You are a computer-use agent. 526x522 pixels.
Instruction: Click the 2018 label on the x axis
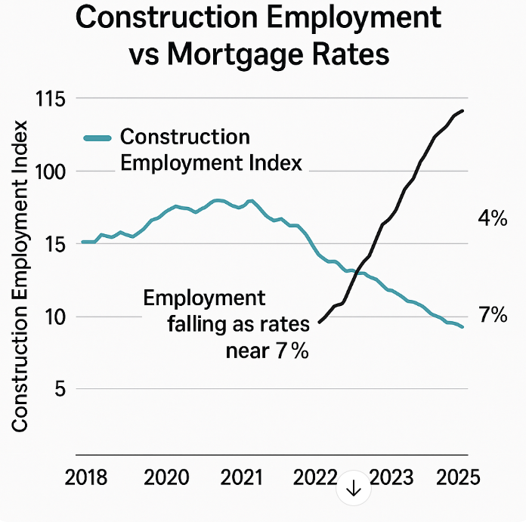[x=87, y=477]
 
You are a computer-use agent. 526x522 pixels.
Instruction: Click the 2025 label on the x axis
[x=456, y=477]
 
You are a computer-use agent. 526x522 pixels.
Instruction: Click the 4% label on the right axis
[x=492, y=219]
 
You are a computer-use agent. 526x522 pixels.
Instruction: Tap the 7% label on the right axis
[x=492, y=315]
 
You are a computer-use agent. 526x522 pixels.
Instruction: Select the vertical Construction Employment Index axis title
[x=20, y=276]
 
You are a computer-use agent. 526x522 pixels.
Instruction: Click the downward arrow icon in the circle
[x=354, y=490]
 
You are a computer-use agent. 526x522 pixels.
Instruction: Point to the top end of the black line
[x=463, y=110]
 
